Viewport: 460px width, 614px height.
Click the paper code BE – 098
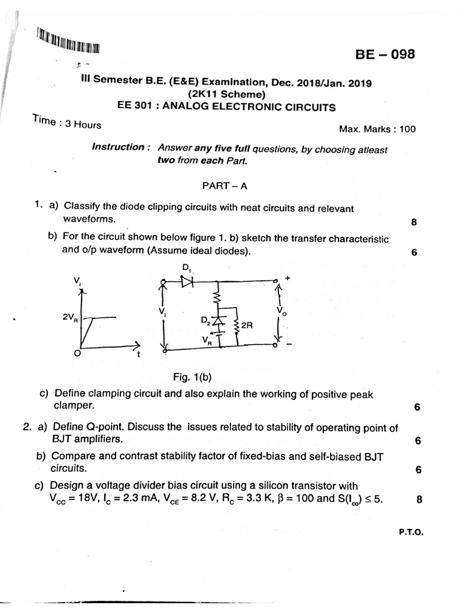click(x=385, y=55)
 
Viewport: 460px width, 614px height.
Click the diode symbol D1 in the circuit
click(x=187, y=279)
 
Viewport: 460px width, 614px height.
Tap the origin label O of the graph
click(x=76, y=354)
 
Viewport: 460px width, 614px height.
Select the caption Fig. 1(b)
click(x=192, y=377)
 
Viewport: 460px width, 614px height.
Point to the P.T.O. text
click(x=411, y=531)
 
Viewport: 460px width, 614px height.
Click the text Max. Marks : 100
click(x=377, y=128)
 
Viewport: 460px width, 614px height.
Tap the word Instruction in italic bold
click(x=118, y=147)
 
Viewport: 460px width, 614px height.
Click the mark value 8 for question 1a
click(x=414, y=222)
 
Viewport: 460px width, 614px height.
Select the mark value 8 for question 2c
click(x=419, y=497)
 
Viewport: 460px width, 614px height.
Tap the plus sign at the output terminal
click(x=287, y=278)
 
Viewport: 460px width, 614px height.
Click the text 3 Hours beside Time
click(x=83, y=125)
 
